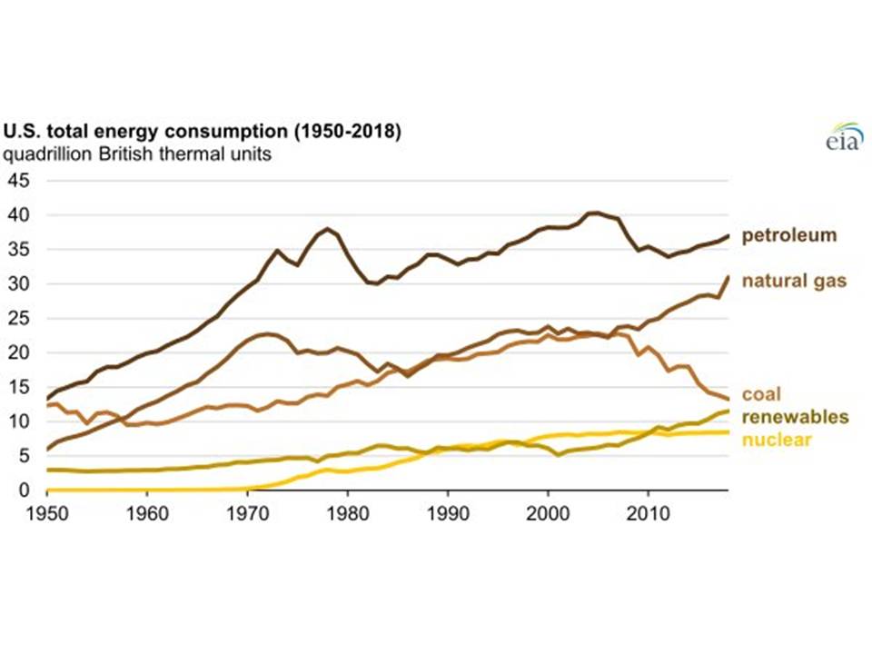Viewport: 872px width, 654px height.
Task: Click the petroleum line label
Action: (x=789, y=236)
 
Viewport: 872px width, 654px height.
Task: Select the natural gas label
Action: (x=794, y=281)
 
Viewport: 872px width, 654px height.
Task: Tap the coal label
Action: (x=761, y=395)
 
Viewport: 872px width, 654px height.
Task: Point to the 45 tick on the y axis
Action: (x=19, y=181)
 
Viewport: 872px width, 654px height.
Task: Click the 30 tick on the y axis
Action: (x=19, y=284)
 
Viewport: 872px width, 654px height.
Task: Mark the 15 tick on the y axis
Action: (x=19, y=387)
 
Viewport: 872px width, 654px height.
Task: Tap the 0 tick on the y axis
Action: (x=25, y=490)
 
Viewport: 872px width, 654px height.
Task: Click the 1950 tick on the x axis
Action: (x=46, y=510)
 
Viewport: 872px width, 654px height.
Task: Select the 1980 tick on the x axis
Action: (x=347, y=510)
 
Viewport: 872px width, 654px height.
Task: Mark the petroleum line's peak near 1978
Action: (x=327, y=229)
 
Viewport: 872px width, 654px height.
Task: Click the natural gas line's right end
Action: (x=728, y=277)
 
